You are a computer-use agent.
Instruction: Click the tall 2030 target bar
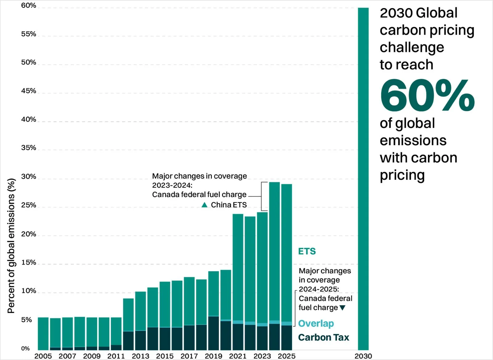[363, 179]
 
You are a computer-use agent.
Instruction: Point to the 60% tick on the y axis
[29, 6]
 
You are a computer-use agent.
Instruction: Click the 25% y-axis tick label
[29, 205]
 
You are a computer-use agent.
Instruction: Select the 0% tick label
[26, 349]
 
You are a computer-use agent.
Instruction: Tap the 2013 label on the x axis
[140, 356]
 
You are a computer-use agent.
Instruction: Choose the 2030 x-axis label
[363, 356]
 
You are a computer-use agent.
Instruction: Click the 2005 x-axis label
[43, 356]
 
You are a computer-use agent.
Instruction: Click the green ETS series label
[307, 251]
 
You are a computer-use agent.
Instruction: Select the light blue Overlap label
[316, 323]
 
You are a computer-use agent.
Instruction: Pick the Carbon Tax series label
[324, 338]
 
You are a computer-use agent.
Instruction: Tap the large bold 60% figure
[427, 95]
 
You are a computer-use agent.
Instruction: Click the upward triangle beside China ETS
[204, 205]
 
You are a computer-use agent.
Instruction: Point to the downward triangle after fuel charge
[342, 308]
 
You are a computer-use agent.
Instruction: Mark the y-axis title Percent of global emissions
[11, 246]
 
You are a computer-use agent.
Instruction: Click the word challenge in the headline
[412, 47]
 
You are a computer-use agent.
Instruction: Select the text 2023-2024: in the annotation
[172, 185]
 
